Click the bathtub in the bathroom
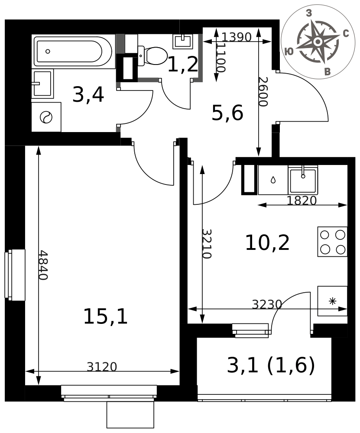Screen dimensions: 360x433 (73, 52)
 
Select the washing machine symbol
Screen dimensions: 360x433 (46, 117)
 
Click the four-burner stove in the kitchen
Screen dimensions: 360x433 (332, 242)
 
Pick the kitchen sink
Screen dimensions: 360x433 (303, 180)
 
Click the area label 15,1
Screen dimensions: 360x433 (105, 317)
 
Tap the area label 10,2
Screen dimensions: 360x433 (267, 243)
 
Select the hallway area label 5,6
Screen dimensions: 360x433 (227, 113)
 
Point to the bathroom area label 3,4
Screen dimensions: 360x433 (88, 94)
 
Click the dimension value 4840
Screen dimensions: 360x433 (43, 265)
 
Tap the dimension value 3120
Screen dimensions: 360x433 (102, 367)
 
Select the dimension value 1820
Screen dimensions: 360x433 (302, 200)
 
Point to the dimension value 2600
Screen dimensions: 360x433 (263, 92)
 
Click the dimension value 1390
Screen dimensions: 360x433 (237, 37)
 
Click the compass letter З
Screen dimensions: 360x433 (309, 13)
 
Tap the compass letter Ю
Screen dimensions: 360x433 (289, 52)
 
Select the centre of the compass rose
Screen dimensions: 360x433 (318, 42)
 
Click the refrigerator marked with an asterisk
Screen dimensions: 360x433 (332, 301)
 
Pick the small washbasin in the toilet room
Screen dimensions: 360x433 (183, 41)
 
